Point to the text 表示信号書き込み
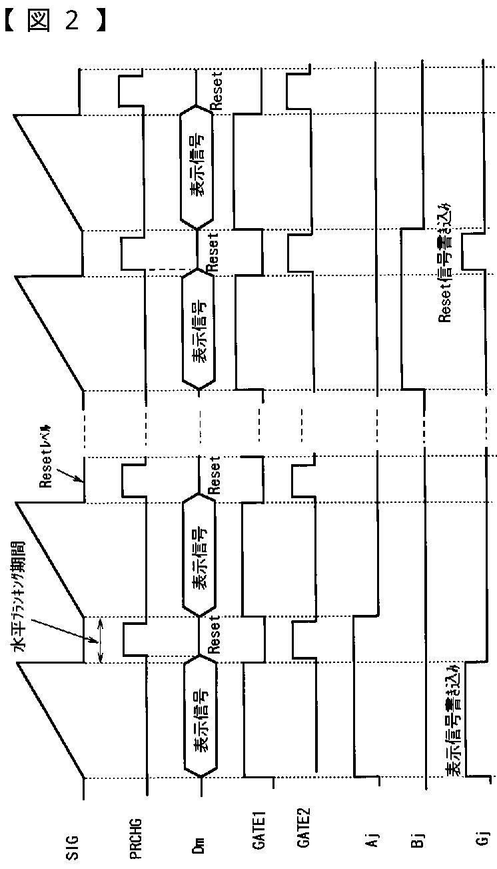(454, 720)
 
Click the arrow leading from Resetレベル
(71, 472)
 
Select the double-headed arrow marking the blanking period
(100, 641)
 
